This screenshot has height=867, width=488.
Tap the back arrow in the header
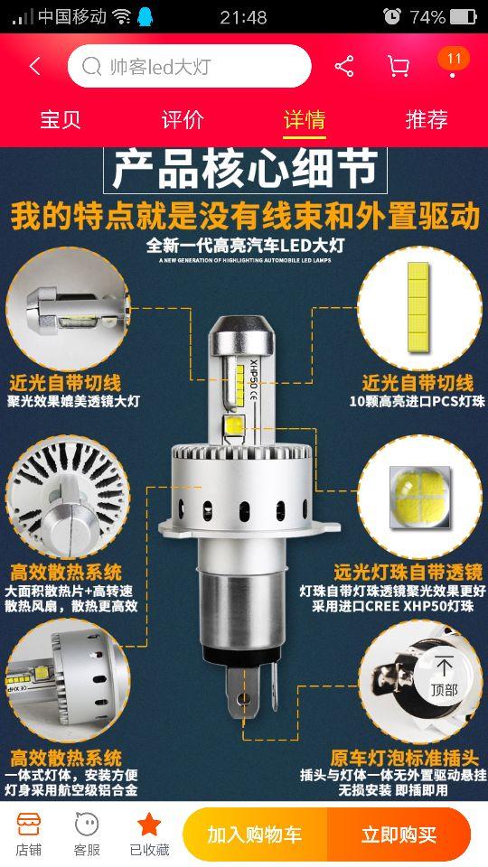[x=35, y=66]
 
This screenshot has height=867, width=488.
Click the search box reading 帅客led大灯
[x=189, y=66]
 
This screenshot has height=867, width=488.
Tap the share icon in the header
[x=344, y=66]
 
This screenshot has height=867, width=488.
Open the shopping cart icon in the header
[x=398, y=66]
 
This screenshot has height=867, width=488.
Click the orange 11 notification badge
[x=454, y=59]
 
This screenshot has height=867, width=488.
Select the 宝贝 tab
[x=61, y=120]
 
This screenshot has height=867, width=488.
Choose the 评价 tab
[x=183, y=120]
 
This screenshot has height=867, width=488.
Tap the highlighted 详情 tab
[x=305, y=120]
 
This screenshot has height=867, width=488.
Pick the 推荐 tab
[x=427, y=120]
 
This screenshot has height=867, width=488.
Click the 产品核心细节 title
[x=245, y=170]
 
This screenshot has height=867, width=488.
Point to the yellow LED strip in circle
[x=418, y=307]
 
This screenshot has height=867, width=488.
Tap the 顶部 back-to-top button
[x=444, y=676]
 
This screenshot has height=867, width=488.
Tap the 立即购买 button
[x=399, y=834]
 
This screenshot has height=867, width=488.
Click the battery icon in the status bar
[x=463, y=16]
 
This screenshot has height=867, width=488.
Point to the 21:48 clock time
[x=243, y=16]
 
